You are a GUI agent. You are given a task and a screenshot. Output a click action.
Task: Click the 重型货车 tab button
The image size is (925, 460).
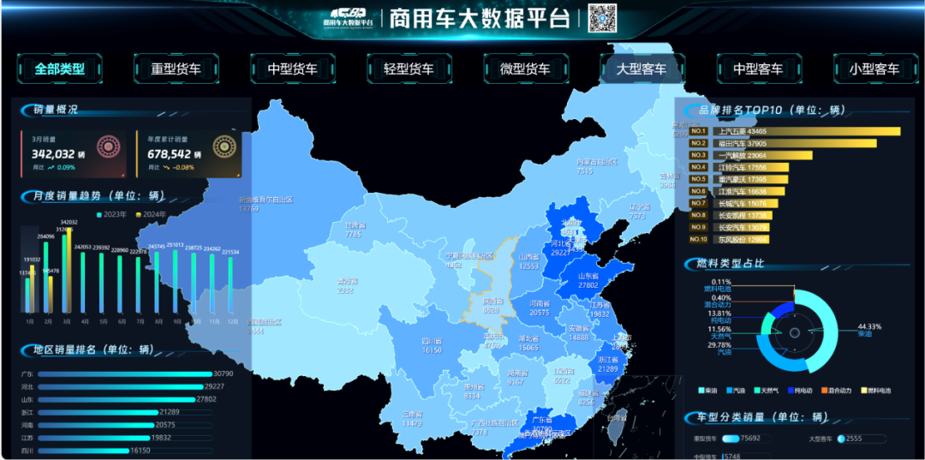(176, 69)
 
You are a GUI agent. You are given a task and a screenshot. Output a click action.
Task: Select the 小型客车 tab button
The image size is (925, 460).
(874, 69)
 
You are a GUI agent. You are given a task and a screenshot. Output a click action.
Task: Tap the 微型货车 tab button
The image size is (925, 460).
(525, 69)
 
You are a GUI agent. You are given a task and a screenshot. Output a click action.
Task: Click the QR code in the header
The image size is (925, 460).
(602, 17)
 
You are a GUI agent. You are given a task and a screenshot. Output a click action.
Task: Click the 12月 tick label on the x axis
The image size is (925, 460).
(230, 322)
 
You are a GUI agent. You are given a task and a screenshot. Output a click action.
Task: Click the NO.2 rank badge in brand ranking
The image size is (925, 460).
(698, 143)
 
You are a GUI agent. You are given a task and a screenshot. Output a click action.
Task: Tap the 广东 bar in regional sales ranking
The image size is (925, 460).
(124, 374)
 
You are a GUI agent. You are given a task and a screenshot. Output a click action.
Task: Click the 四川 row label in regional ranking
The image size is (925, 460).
(27, 451)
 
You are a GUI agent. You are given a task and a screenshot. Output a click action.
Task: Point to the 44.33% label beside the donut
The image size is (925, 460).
(869, 326)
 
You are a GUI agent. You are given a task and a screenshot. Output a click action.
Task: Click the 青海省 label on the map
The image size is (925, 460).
(346, 281)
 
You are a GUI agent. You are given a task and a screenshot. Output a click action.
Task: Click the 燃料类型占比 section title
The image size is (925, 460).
(733, 263)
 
